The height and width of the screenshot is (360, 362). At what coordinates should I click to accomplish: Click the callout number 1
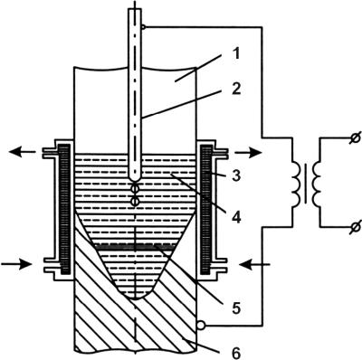237,54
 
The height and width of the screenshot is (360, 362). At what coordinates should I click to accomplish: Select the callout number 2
237,90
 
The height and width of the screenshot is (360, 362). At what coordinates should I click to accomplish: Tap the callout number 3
236,175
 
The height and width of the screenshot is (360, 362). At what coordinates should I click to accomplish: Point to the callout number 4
237,217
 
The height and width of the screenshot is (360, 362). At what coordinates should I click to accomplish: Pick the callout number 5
235,308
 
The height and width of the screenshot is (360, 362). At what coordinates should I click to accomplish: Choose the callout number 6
236,353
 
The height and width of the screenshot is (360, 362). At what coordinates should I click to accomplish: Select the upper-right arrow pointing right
248,153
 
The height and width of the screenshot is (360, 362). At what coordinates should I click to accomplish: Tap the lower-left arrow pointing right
17,265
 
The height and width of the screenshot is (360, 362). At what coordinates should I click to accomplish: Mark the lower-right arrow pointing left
254,265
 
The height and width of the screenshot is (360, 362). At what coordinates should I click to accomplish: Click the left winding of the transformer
297,184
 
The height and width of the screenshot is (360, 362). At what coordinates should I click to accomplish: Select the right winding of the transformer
317,184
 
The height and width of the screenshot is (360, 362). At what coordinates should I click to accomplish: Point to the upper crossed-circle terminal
356,138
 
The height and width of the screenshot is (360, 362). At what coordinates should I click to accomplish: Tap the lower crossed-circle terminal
356,226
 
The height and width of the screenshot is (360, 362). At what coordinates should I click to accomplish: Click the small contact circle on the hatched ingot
201,326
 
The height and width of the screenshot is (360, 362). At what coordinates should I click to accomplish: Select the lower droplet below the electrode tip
135,202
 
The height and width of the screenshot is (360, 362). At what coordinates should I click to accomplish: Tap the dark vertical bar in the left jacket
65,209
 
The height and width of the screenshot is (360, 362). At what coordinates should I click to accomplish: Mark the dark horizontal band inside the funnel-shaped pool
134,247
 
